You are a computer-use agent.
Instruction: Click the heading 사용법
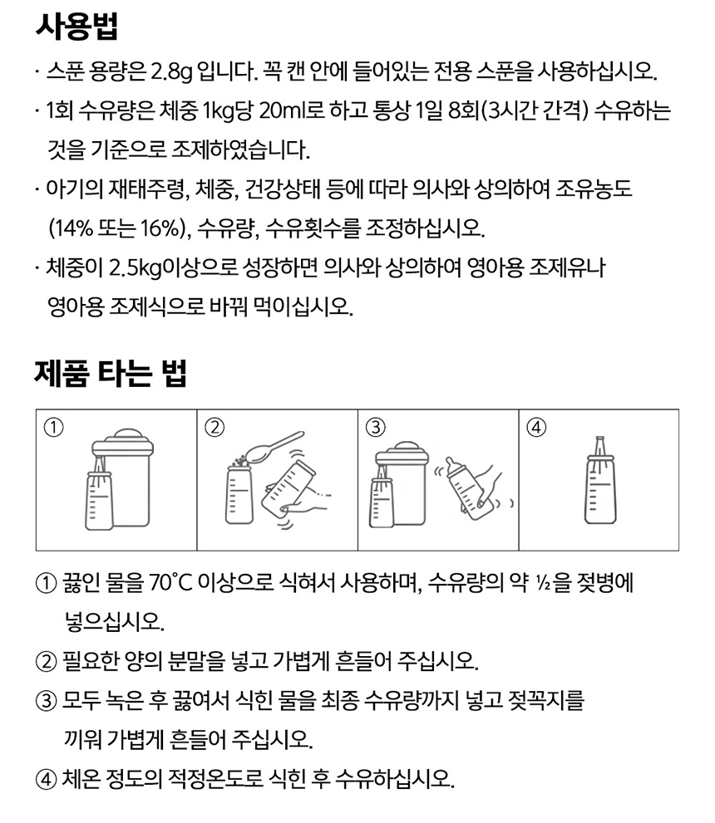pos(76,27)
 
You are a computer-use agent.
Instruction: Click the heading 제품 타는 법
pos(111,373)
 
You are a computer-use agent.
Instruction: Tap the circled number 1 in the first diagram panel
pos(53,427)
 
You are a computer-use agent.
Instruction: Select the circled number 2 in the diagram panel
pos(214,427)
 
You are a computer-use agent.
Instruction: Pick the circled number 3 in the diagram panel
pos(375,427)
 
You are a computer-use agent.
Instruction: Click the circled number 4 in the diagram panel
pos(536,427)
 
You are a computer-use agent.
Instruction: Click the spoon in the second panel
pos(274,447)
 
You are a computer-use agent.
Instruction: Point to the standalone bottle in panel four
pos(600,480)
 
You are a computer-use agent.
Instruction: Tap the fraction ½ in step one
pos(542,582)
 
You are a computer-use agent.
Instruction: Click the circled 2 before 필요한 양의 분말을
pos(46,661)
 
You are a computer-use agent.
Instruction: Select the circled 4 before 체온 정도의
pos(46,780)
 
